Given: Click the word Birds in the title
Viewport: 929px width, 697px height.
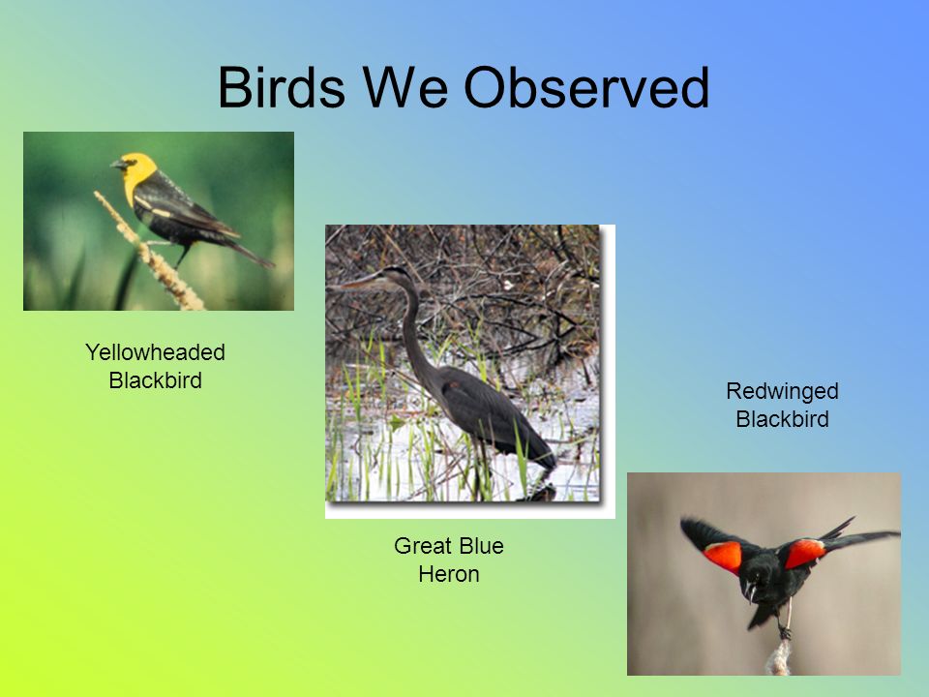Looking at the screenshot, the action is click(282, 87).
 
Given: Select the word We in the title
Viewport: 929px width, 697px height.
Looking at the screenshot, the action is click(405, 87).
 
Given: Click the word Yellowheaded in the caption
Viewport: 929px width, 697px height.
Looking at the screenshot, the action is click(155, 352).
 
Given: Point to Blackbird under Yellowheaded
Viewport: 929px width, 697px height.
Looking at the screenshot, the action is click(155, 379).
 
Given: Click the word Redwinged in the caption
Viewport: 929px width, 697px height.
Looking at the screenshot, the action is click(782, 392).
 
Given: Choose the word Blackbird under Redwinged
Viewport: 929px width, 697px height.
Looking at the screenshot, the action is click(782, 419).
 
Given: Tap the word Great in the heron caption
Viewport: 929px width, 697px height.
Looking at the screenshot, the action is click(419, 546).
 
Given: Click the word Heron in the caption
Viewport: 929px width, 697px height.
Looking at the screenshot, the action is click(448, 574).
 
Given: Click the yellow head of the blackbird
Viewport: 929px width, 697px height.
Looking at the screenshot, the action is click(139, 172).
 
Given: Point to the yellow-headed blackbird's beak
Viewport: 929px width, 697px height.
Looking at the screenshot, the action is click(117, 165).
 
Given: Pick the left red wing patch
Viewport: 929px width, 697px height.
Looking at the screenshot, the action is click(724, 557).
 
